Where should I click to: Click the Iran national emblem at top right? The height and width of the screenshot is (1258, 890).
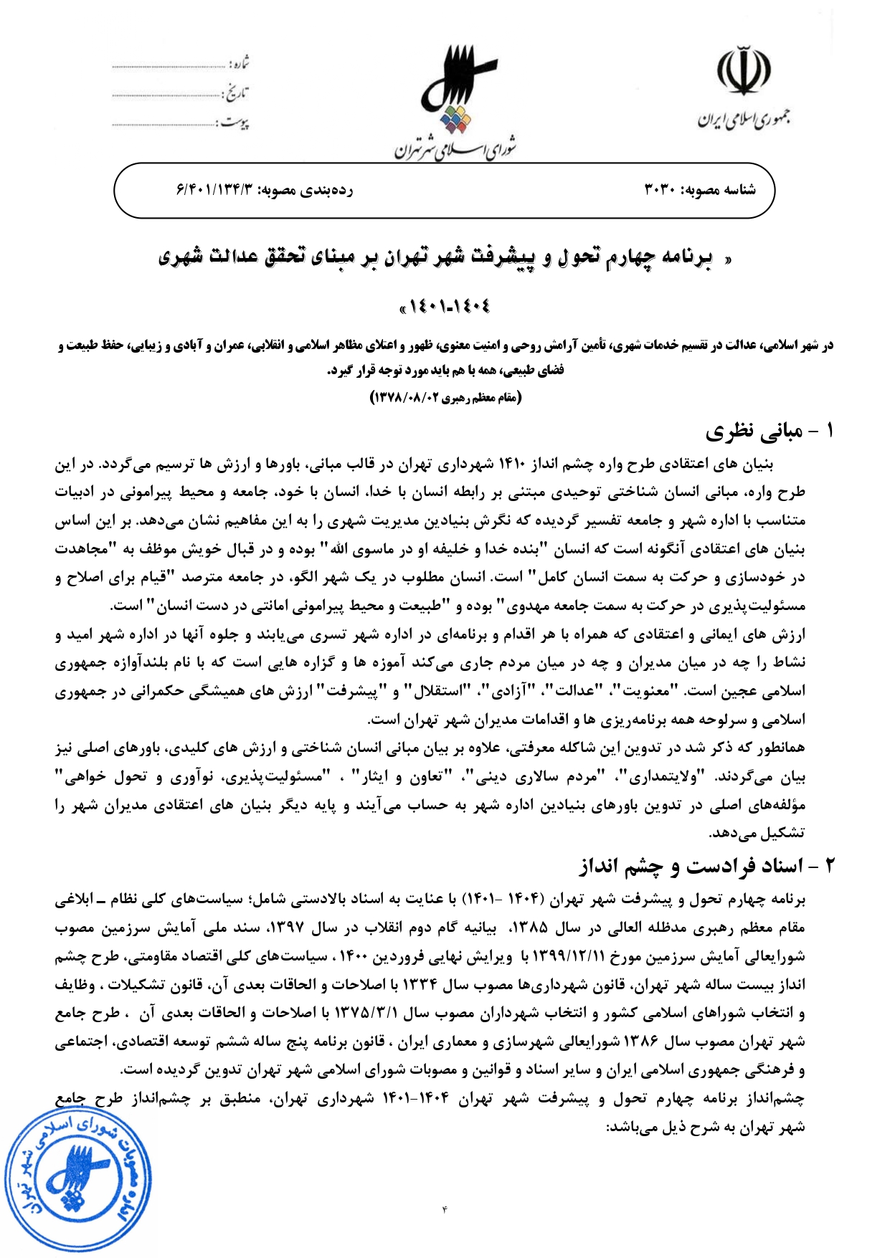pyautogui.click(x=744, y=72)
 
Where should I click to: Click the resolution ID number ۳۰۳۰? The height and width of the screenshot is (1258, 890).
pyautogui.click(x=661, y=190)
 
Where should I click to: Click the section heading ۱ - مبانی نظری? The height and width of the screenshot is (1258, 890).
pyautogui.click(x=770, y=432)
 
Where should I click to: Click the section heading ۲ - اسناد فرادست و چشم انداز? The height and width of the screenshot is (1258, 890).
pyautogui.click(x=707, y=867)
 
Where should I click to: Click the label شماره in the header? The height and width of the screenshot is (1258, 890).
pyautogui.click(x=240, y=64)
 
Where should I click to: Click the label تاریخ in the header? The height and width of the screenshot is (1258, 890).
pyautogui.click(x=237, y=93)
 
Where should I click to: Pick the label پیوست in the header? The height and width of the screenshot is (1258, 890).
pyautogui.click(x=235, y=123)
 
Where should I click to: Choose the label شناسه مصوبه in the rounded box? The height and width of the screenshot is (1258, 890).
pyautogui.click(x=720, y=190)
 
